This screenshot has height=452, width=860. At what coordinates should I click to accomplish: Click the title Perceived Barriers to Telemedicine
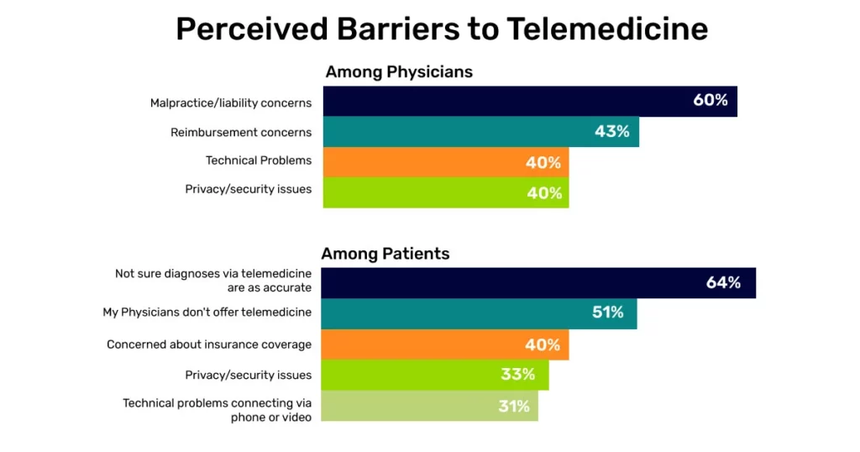pos(441,29)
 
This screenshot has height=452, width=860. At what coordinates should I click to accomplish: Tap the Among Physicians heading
pos(399,72)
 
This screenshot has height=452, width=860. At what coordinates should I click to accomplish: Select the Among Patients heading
pos(385,254)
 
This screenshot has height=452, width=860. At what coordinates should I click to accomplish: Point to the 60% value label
pos(710,101)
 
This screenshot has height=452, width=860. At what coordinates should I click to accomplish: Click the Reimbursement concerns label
pos(241,132)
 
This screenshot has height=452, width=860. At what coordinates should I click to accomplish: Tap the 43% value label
pos(611,132)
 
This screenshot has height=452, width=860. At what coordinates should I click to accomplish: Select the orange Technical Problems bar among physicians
pos(445,162)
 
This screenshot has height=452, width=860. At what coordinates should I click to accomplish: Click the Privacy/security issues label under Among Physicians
pos(249,189)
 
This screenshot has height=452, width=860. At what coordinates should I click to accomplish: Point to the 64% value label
pos(723,283)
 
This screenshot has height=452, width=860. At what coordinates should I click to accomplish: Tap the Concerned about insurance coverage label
pos(209,344)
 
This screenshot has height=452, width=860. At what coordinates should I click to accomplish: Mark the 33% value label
pos(518,375)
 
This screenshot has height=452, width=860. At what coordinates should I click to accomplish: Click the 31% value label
pos(512,406)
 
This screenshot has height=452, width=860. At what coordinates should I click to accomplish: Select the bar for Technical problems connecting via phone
pos(429,406)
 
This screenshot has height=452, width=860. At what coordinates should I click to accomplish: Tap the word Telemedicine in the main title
pos(607,29)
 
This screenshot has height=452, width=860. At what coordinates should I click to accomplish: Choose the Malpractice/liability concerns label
pos(231,103)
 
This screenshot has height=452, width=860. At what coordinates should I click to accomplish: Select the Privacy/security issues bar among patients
pos(434,375)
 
